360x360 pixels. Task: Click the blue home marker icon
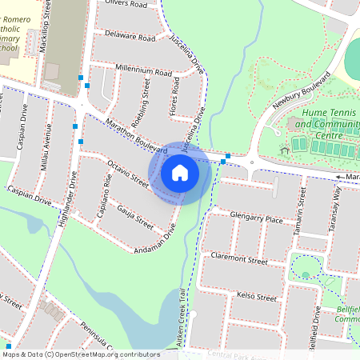coord(180,173)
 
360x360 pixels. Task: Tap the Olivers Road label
coord(127,5)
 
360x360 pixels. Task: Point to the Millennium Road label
coord(144,71)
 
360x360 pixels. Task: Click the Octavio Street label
coord(128,174)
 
